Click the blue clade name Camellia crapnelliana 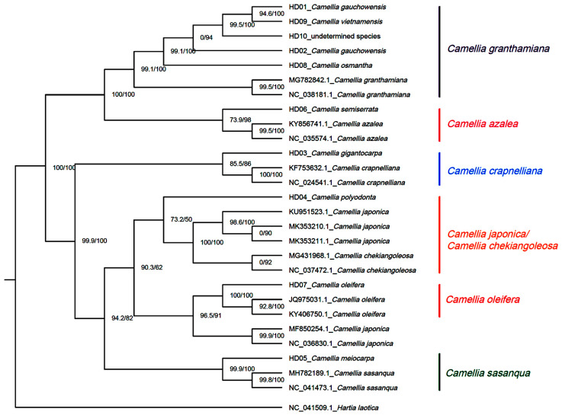504,170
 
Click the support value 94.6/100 271,13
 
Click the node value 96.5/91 212,314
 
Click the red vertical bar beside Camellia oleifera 440,300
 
